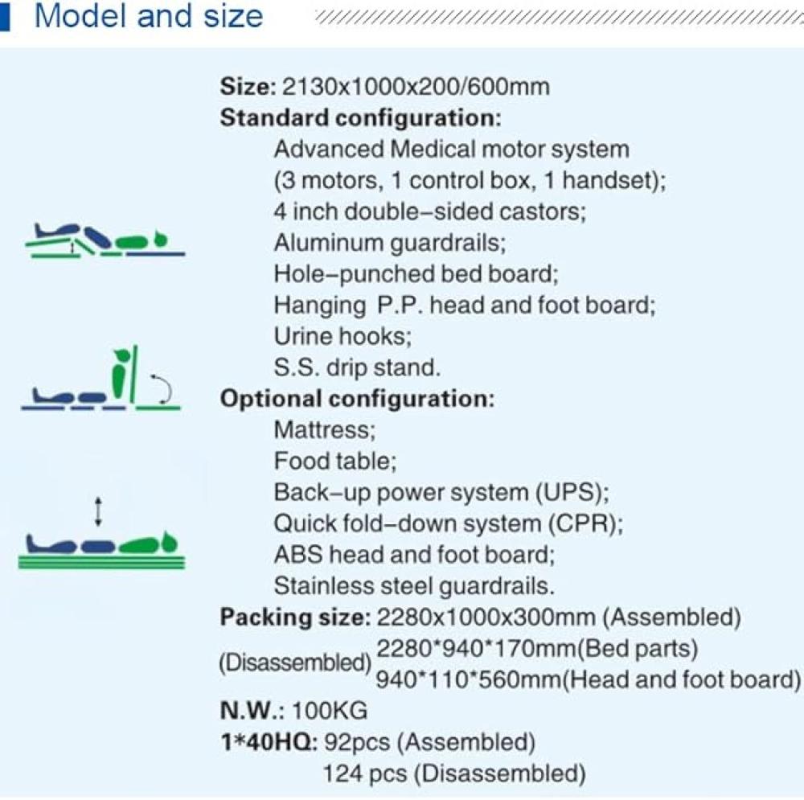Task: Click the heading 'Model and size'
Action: (149, 16)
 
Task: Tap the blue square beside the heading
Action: (5, 16)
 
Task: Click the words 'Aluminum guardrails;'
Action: (390, 243)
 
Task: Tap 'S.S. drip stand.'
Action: (357, 367)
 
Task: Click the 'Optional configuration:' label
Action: (358, 399)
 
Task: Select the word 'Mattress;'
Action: (325, 430)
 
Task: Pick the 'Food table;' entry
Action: (335, 462)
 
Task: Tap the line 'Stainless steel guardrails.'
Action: (414, 586)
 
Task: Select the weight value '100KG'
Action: (330, 711)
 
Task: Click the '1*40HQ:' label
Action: (269, 742)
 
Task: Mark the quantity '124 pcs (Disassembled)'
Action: (454, 773)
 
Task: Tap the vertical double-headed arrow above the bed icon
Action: (99, 512)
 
